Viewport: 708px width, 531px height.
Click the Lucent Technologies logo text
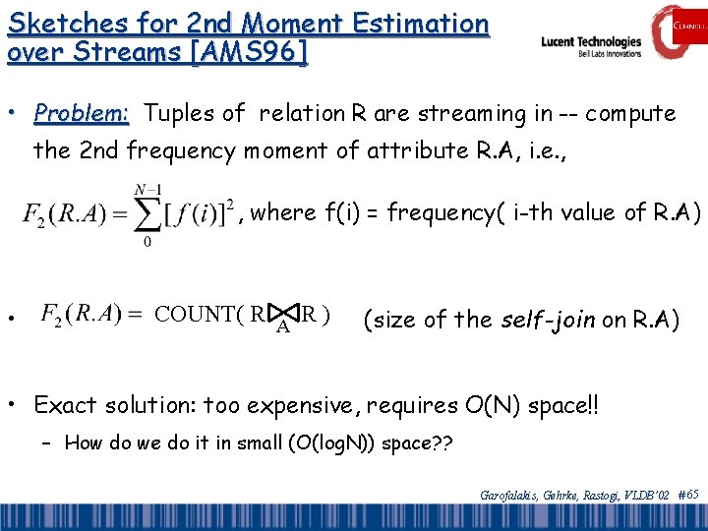pyautogui.click(x=591, y=42)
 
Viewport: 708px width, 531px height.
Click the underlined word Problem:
pyautogui.click(x=82, y=114)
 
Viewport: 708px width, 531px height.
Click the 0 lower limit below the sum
pyautogui.click(x=147, y=242)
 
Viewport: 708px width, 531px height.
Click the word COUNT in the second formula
pyautogui.click(x=200, y=316)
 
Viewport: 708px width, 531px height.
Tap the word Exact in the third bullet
pyautogui.click(x=65, y=404)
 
